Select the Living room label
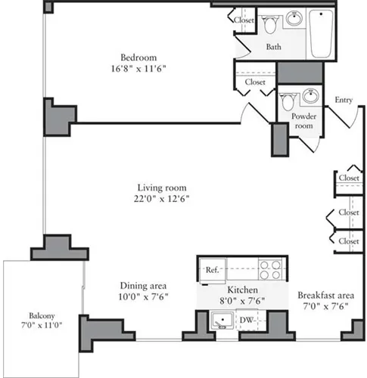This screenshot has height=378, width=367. click(162, 187)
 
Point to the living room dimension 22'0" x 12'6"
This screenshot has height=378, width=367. click(162, 199)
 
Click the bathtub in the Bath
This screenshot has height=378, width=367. click(321, 35)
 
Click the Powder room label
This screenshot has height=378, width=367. click(303, 122)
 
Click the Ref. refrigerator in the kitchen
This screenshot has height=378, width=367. click(213, 270)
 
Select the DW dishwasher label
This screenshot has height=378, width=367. click(245, 320)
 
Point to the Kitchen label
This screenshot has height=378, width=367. click(243, 290)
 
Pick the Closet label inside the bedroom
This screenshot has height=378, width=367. click(254, 82)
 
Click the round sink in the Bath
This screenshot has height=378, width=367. click(295, 19)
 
